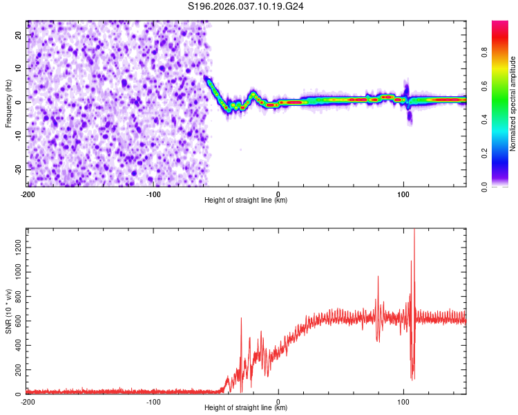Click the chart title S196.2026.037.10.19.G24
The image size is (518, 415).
point(247,6)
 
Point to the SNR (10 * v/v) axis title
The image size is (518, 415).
point(8,311)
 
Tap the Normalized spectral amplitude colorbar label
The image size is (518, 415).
point(512,104)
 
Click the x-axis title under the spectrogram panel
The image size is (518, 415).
point(247,201)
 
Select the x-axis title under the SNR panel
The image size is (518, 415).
point(247,408)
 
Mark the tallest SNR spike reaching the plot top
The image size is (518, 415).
point(414,230)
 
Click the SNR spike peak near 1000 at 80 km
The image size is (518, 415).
point(378,277)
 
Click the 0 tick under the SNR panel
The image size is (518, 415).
point(278,400)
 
